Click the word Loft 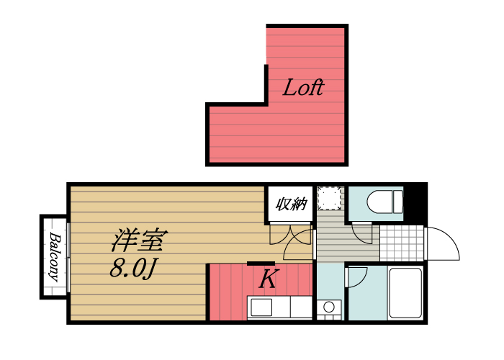pos(302,89)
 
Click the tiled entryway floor pos(400,243)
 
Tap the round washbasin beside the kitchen pos(330,308)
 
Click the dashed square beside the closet pos(330,198)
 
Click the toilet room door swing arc pos(364,232)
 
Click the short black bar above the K pos(261,264)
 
